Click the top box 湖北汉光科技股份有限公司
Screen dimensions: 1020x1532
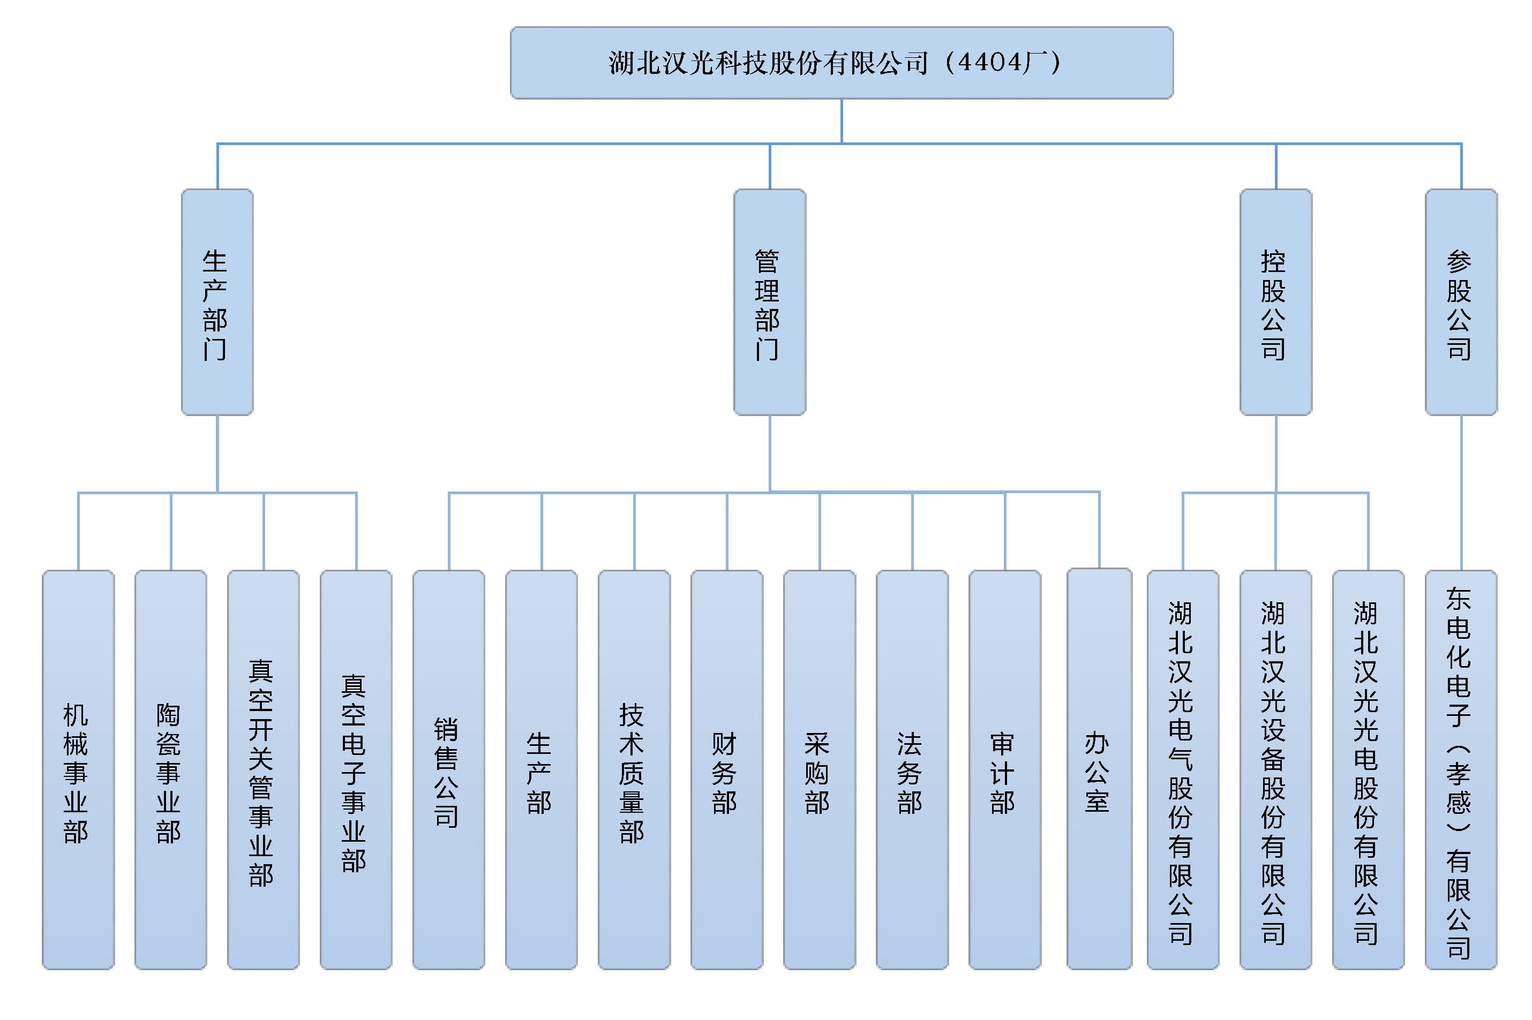[841, 63]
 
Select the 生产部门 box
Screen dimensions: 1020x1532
[217, 303]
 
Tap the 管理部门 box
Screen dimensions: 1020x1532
[769, 303]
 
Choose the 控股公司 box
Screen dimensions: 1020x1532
[1275, 303]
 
